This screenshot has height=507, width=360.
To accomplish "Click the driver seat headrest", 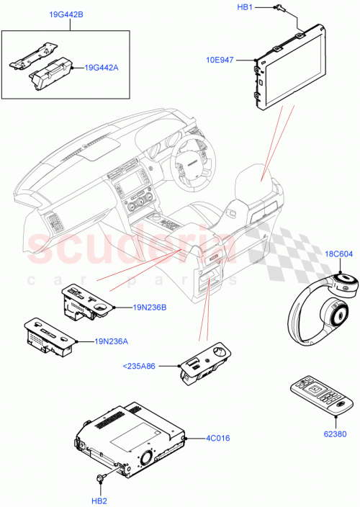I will [256, 179].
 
